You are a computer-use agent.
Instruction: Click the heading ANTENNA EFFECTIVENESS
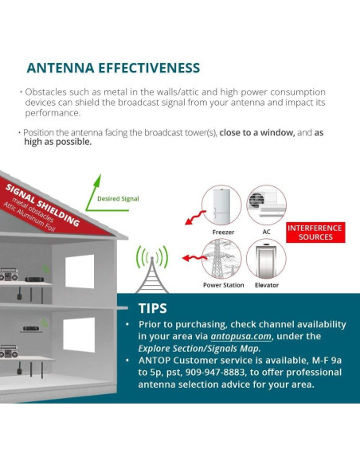pos(113,68)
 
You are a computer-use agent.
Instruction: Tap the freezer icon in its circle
pos(223,207)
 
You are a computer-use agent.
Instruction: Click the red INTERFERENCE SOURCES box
pos(315,232)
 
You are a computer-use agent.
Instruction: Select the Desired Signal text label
pos(118,198)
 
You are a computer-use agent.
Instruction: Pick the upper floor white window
pos(80,272)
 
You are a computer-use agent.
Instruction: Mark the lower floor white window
pos(80,335)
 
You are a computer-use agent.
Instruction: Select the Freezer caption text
pos(223,233)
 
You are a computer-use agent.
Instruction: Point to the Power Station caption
pos(223,284)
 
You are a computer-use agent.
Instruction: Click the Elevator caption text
pos(266,284)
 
